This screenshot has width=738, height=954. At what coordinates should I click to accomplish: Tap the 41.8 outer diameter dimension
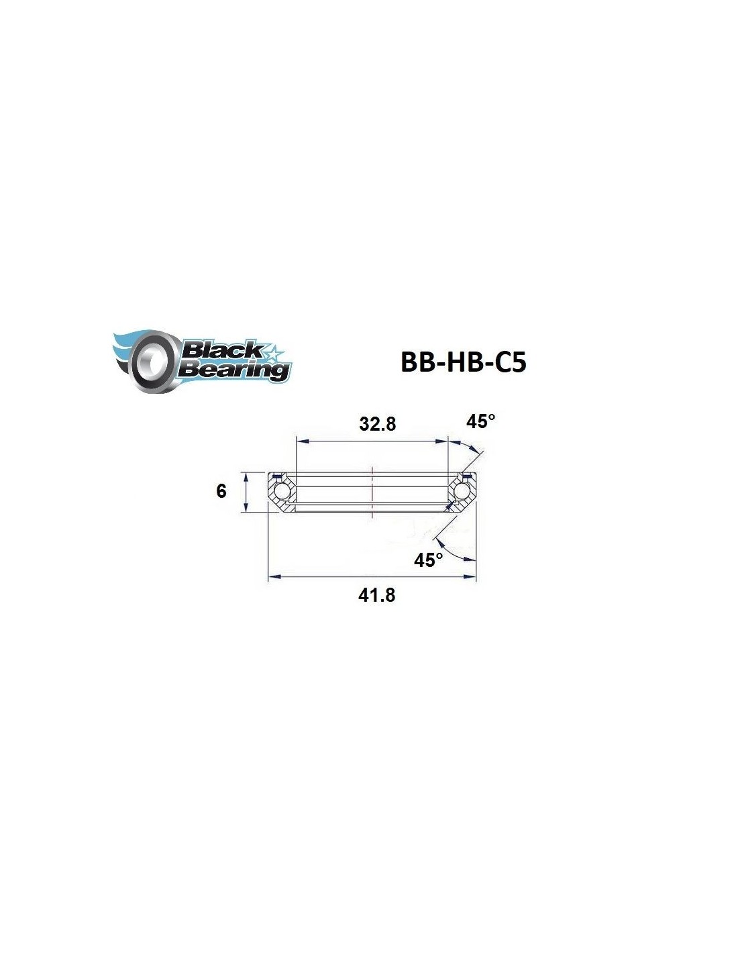coord(376,595)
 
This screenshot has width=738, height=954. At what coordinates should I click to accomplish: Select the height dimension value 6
coord(221,491)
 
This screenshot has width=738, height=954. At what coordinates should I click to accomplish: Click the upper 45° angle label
coord(480,422)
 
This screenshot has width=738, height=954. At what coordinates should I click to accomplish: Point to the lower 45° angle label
coord(429,560)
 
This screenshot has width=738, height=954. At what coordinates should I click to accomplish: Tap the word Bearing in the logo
coord(234,370)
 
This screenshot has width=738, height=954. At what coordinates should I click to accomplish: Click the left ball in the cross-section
coord(279,491)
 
